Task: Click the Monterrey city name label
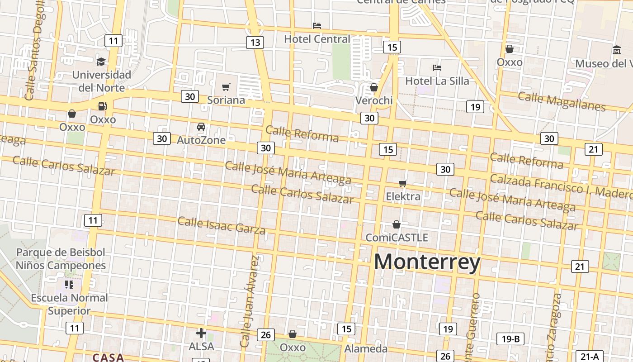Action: (x=427, y=262)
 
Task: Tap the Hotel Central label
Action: (x=317, y=39)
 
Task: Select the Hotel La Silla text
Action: (x=437, y=81)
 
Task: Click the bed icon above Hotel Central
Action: (x=317, y=26)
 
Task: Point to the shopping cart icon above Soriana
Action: (x=226, y=87)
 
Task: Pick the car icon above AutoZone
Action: (x=201, y=127)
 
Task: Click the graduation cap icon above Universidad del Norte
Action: (x=101, y=61)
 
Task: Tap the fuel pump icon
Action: (x=103, y=106)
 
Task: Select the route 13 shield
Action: (x=255, y=43)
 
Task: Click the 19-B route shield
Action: (x=510, y=338)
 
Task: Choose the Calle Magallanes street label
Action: (x=561, y=101)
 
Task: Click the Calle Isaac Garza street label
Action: (x=222, y=225)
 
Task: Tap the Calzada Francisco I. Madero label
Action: (x=561, y=186)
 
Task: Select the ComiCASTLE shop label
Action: (x=397, y=238)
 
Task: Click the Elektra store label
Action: (x=403, y=196)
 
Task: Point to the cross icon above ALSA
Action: (x=201, y=333)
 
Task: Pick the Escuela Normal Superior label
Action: (x=70, y=304)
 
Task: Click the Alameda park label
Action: (x=366, y=348)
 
